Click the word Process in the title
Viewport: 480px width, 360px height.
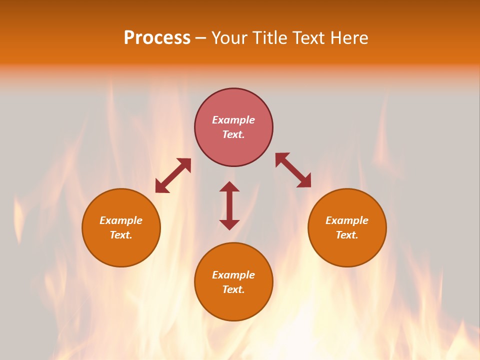(157, 38)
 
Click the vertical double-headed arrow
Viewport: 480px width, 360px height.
(229, 205)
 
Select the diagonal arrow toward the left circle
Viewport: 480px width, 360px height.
(173, 175)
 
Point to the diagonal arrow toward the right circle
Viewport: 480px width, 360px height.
(293, 170)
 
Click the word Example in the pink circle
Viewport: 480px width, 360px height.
(233, 120)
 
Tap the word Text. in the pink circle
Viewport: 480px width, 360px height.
(233, 134)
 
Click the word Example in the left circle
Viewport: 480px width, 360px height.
(121, 220)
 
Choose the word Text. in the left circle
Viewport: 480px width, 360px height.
(121, 235)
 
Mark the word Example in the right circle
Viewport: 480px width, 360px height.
(347, 220)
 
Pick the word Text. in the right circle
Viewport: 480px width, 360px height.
(347, 235)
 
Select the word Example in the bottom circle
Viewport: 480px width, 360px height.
(233, 275)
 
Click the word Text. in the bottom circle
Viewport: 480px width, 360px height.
(233, 289)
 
